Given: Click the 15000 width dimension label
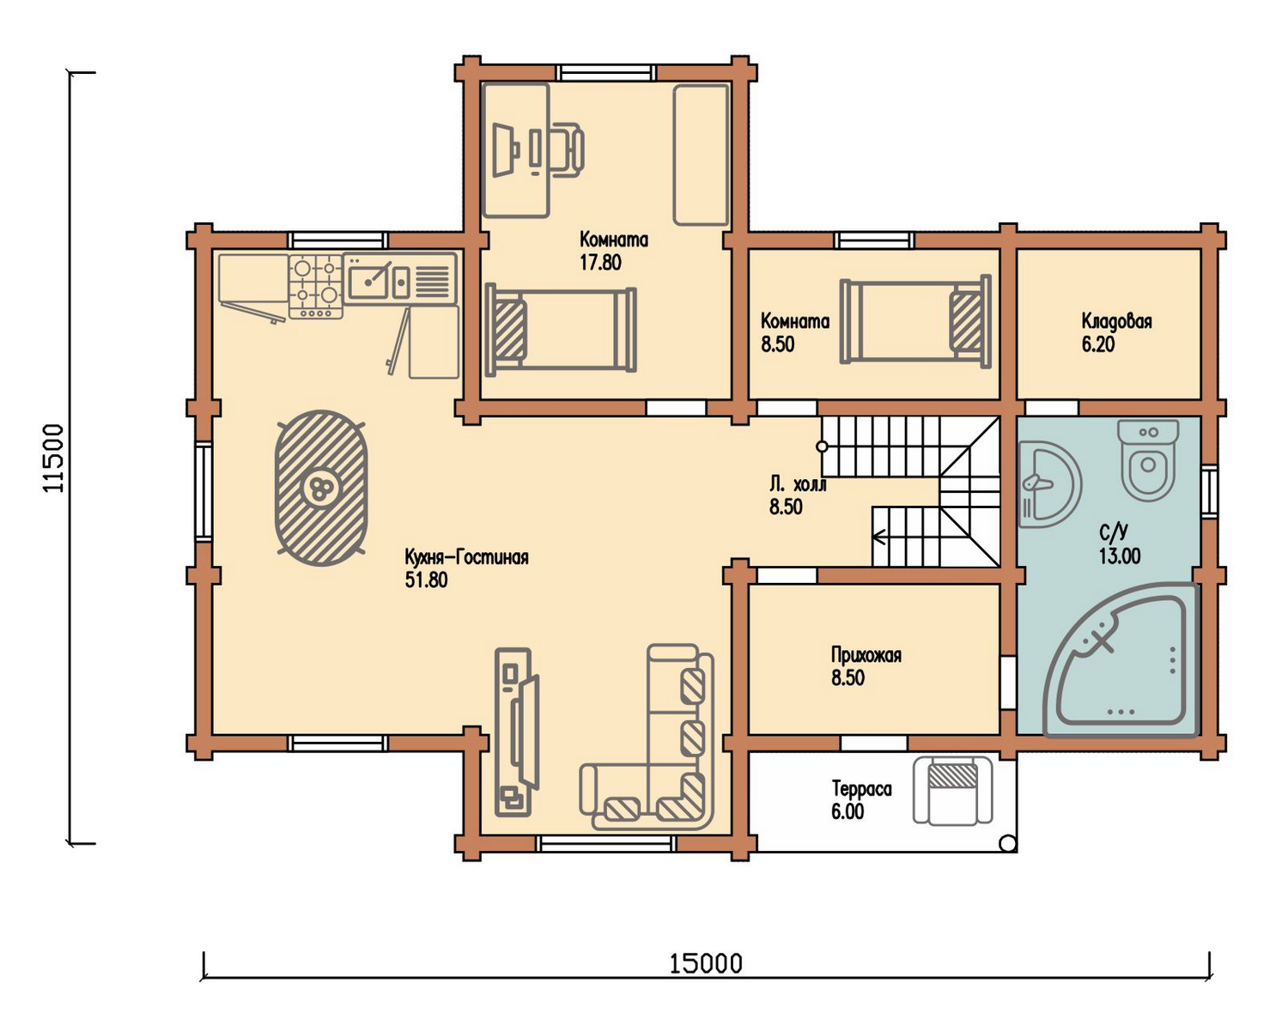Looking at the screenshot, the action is pyautogui.click(x=706, y=963).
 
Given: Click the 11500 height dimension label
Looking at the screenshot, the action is pyautogui.click(x=54, y=458).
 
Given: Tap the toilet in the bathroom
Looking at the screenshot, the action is pyautogui.click(x=1148, y=459).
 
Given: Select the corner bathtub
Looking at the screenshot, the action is pyautogui.click(x=1121, y=659).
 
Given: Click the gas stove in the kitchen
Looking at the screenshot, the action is pyautogui.click(x=316, y=286).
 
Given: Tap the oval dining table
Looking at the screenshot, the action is pyautogui.click(x=321, y=488).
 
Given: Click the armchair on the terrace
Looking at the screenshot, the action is pyautogui.click(x=952, y=790).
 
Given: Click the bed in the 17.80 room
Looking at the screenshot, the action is pyautogui.click(x=560, y=330).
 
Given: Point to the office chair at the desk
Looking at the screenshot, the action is pyautogui.click(x=566, y=149).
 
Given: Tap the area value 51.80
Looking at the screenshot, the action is pyautogui.click(x=426, y=580).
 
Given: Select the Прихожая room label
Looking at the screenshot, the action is pyautogui.click(x=866, y=655).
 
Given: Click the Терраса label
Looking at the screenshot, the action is pyautogui.click(x=861, y=789).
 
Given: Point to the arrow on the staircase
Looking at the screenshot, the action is pyautogui.click(x=880, y=537).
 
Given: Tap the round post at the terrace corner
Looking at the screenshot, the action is pyautogui.click(x=1008, y=843).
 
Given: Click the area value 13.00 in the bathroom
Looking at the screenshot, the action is pyautogui.click(x=1119, y=556).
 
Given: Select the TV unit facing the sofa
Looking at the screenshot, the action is pyautogui.click(x=517, y=732).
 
